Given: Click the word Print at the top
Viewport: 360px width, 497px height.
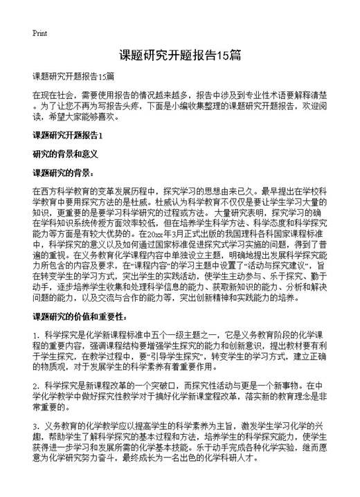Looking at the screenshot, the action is pos(39,33).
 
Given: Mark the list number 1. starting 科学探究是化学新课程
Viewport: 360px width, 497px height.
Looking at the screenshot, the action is pos(36,336).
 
